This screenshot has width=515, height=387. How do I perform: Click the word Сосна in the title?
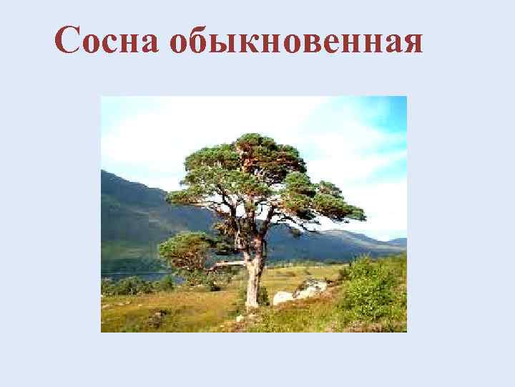pyautogui.click(x=107, y=41)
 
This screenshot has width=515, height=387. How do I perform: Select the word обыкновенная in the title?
pyautogui.click(x=297, y=42)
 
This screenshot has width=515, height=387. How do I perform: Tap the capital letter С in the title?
pyautogui.click(x=67, y=41)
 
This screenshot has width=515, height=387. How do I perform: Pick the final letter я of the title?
pyautogui.click(x=411, y=44)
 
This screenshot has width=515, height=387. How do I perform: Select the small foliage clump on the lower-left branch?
pyautogui.click(x=182, y=247)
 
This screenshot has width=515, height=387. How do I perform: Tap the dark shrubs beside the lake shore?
pyautogui.click(x=136, y=285)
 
